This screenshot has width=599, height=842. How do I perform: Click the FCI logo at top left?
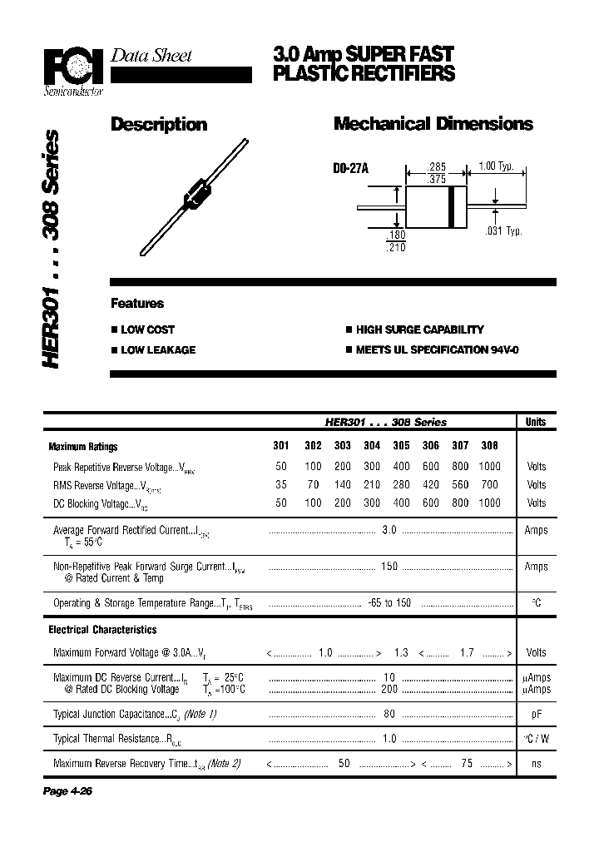(x=73, y=65)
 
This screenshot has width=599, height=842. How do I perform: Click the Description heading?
(x=159, y=124)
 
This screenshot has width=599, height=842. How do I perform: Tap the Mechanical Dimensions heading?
(x=433, y=124)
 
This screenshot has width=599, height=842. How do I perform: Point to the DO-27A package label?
(x=350, y=169)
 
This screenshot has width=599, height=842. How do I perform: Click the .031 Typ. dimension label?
(x=503, y=230)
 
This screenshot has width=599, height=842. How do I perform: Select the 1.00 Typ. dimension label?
(x=497, y=166)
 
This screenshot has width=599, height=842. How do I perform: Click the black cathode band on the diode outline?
(x=452, y=206)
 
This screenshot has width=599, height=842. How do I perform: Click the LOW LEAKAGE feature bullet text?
(x=158, y=350)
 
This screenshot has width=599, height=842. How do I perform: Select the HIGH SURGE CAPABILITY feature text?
(x=419, y=329)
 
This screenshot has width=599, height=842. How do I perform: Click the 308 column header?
(x=490, y=446)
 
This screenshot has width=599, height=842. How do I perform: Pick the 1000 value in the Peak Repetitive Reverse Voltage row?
(x=490, y=467)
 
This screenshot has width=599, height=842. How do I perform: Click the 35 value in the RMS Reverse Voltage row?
(x=281, y=484)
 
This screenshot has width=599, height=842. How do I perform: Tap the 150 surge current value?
(x=389, y=567)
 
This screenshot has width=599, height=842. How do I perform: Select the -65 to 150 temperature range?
(x=389, y=602)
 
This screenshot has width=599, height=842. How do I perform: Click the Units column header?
(x=536, y=422)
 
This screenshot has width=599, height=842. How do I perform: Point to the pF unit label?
(x=537, y=714)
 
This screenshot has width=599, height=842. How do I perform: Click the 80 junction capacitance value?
(x=389, y=714)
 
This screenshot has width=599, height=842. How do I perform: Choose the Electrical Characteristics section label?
(x=102, y=630)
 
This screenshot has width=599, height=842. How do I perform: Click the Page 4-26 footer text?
(x=67, y=790)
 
